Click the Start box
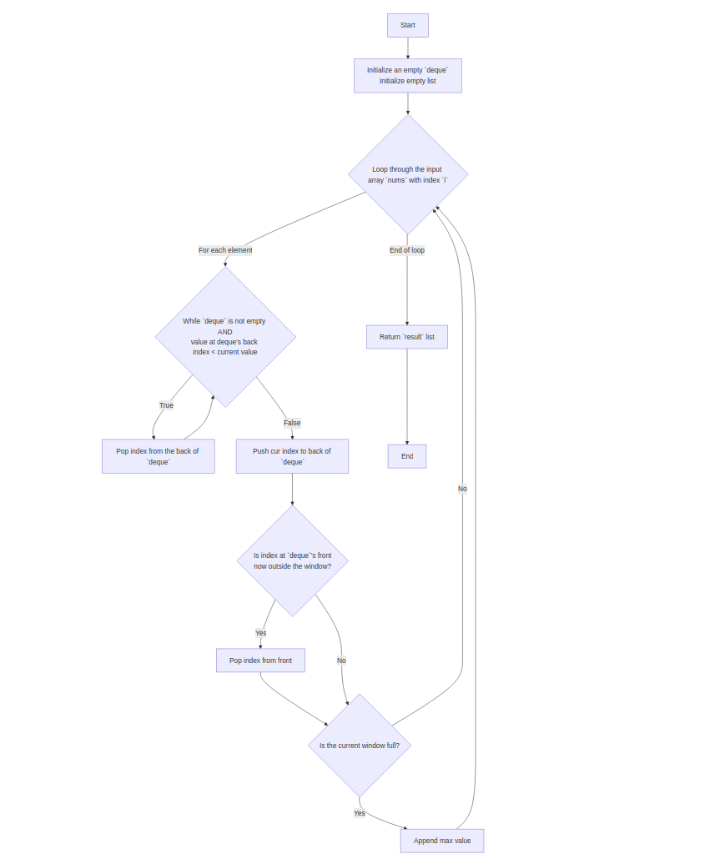tap(407, 25)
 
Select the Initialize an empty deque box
tap(407, 76)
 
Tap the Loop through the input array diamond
tap(407, 174)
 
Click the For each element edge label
tap(225, 250)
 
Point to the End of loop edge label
tap(407, 250)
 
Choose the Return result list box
tap(407, 337)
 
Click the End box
tap(407, 456)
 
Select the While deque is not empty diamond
tap(225, 337)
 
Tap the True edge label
tap(167, 405)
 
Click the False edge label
tap(292, 423)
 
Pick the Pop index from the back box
tap(158, 456)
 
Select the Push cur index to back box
tap(292, 456)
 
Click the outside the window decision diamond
tap(292, 560)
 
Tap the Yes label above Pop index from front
tap(261, 633)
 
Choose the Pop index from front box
tap(260, 661)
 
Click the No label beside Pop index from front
tap(341, 661)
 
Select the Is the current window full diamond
tap(360, 746)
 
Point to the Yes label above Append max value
tap(360, 813)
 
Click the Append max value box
tap(442, 841)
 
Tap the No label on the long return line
tap(462, 489)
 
